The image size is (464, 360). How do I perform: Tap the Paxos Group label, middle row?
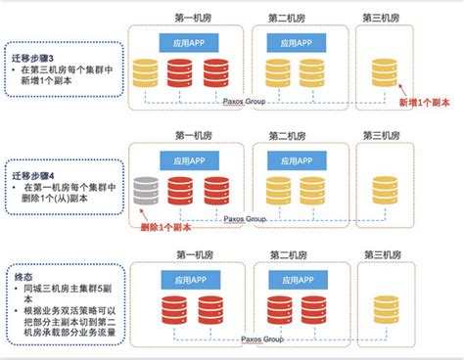pos(246,218)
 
